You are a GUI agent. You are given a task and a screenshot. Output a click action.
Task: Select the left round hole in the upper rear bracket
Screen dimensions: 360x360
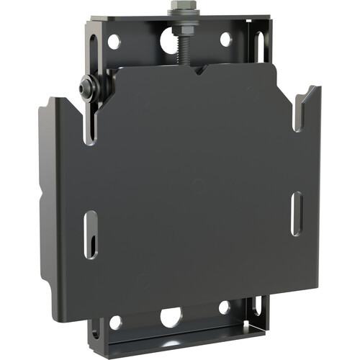[114, 41]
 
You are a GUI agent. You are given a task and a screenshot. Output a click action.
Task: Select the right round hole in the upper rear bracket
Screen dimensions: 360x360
[225, 40]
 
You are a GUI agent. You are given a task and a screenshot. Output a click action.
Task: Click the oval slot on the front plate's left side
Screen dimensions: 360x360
[90, 235]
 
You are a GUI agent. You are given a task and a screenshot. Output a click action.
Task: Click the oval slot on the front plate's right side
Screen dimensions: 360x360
[295, 213]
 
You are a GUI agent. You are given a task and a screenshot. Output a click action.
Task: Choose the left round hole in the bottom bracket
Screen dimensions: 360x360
[116, 323]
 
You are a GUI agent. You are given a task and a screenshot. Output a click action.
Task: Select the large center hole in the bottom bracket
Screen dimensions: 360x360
[171, 316]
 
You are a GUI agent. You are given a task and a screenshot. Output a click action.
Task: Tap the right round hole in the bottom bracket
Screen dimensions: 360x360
[225, 307]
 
